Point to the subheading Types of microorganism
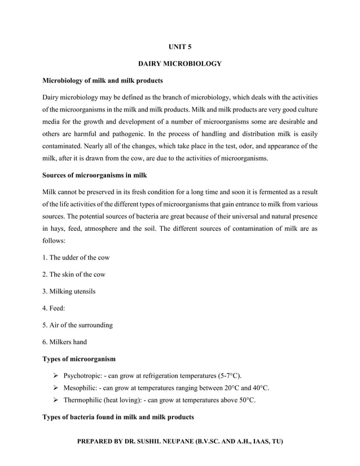pyautogui.click(x=80, y=359)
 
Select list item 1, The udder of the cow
pyautogui.click(x=76, y=257)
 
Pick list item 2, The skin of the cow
pyautogui.click(x=74, y=274)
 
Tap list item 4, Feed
pyautogui.click(x=54, y=308)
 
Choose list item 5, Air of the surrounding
pyautogui.click(x=78, y=325)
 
